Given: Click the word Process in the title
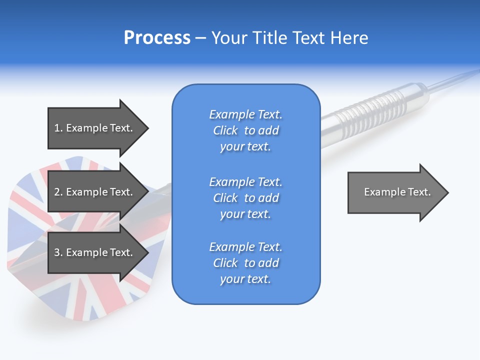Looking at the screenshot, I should [x=157, y=38].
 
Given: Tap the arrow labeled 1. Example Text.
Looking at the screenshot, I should [x=95, y=128].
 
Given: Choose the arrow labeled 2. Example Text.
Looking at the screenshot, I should [x=95, y=192].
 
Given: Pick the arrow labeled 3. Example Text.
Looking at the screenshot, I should [x=95, y=252].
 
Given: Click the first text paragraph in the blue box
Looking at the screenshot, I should [x=245, y=130].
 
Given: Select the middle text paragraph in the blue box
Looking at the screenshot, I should [x=245, y=198].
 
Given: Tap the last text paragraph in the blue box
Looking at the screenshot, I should [x=245, y=263].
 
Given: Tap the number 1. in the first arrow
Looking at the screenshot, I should [x=58, y=128].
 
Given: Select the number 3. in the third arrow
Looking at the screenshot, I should [x=58, y=252].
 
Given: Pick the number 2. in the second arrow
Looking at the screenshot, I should [x=58, y=192].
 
